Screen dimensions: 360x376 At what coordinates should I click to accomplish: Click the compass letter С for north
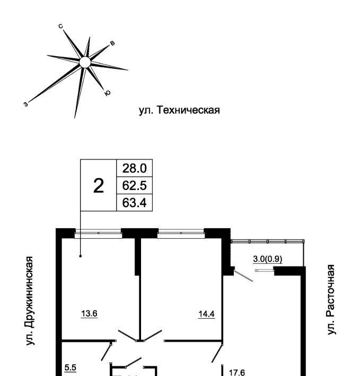61,26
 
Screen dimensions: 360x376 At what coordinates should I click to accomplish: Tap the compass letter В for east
112,43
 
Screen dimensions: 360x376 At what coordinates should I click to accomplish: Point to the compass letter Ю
108,93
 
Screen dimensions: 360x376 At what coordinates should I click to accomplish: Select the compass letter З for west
26,104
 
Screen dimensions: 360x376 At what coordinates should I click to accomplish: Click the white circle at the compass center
85,62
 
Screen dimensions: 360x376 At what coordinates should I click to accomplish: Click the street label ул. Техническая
179,110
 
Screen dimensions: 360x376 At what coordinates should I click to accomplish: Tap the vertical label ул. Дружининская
30,301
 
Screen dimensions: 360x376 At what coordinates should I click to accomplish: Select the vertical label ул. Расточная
331,300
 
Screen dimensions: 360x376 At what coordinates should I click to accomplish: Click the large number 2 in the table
99,186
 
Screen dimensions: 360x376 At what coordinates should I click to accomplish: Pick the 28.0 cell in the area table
134,168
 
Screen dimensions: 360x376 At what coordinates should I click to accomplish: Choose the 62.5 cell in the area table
134,185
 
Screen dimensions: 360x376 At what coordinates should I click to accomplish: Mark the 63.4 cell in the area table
134,203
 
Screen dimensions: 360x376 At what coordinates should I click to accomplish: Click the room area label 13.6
89,314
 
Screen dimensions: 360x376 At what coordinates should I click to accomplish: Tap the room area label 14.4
207,314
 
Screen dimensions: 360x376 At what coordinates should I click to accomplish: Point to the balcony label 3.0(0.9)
268,259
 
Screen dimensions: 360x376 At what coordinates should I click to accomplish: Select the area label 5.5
71,368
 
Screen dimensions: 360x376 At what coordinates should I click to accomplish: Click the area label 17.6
237,373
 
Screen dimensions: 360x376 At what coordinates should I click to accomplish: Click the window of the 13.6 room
99,234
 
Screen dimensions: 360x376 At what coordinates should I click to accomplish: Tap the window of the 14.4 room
181,234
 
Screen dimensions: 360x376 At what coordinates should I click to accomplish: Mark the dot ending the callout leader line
81,256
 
